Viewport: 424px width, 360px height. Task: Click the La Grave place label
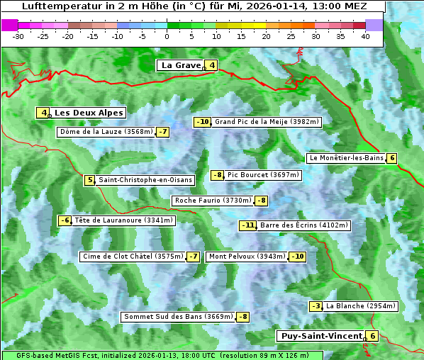182,65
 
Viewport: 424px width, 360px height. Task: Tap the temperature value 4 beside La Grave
212,66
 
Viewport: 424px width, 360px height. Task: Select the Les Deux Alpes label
89,113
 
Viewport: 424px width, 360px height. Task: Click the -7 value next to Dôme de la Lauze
163,132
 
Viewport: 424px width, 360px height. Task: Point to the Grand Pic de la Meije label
267,122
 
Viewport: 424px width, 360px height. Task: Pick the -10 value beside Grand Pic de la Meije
203,122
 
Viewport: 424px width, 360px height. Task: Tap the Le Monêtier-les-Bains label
345,158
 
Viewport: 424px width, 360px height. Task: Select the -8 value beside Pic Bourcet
218,175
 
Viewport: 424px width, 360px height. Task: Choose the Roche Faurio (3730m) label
213,201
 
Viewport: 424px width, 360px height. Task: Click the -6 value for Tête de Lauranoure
65,220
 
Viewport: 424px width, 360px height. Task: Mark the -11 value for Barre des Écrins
247,225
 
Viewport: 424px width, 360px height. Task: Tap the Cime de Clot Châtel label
133,257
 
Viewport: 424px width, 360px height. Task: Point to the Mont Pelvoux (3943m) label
247,257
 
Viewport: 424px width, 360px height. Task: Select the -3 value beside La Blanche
316,306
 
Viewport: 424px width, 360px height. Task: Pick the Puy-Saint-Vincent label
320,336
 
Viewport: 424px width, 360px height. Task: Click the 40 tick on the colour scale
365,36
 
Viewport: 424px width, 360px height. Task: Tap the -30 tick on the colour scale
18,36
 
